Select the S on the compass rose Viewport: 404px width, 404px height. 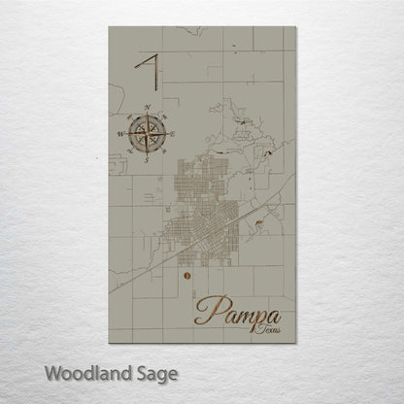pos(147,160)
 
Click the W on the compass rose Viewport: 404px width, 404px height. pos(120,134)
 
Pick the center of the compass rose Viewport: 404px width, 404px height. pos(147,133)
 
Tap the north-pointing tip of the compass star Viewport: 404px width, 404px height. pos(147,114)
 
